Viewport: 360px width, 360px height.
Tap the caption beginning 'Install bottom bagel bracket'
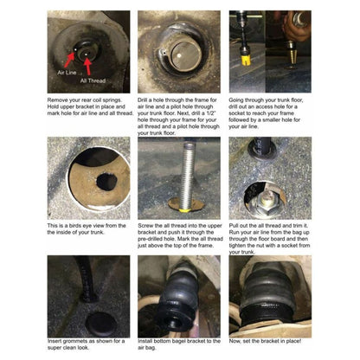[x=178, y=346]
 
